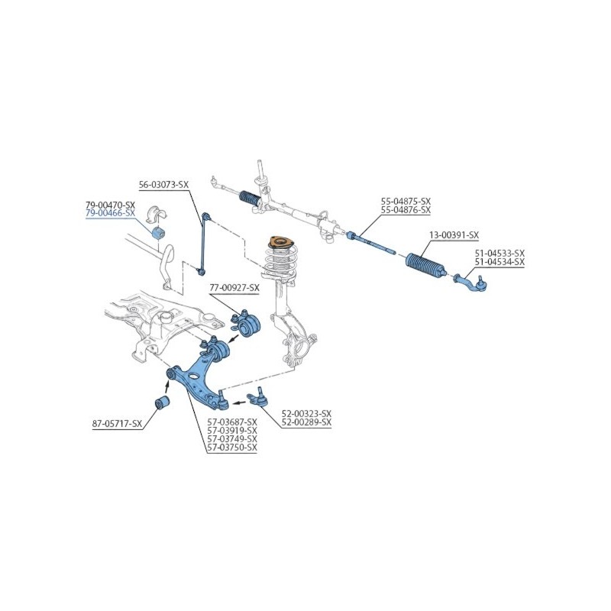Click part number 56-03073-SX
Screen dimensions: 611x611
click(x=163, y=185)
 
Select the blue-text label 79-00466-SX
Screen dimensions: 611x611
click(x=110, y=213)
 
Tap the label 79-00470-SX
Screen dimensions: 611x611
click(x=110, y=205)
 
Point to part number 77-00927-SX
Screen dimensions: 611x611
click(x=234, y=288)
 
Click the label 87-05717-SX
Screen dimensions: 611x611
click(x=118, y=424)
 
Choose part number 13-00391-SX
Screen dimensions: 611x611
click(x=454, y=235)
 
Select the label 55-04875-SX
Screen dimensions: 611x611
click(x=406, y=202)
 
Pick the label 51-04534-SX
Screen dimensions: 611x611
click(x=499, y=262)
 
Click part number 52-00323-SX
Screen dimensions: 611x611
click(x=306, y=413)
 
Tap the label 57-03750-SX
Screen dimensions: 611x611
click(x=232, y=448)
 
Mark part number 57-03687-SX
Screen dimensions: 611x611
click(x=232, y=422)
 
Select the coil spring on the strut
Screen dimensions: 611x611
click(x=280, y=261)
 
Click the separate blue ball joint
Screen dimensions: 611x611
click(x=257, y=398)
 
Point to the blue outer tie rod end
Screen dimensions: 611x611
click(x=472, y=283)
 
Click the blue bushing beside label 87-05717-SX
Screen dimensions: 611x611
click(x=162, y=402)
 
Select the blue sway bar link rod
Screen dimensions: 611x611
click(x=204, y=244)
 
